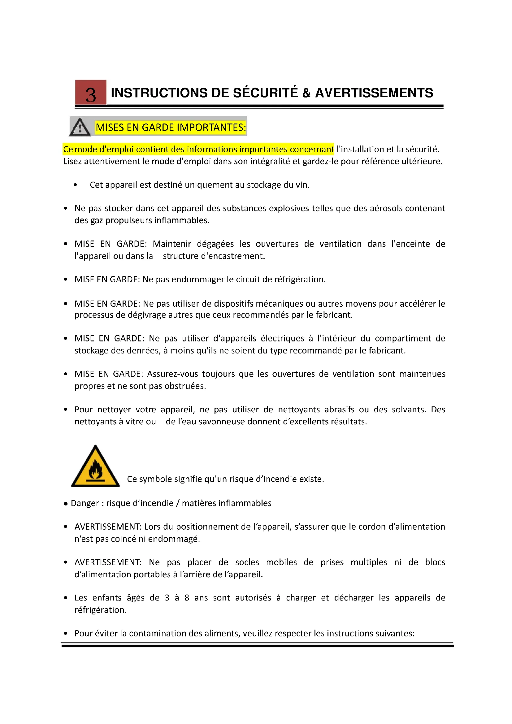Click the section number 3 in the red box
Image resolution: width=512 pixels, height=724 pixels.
(x=90, y=95)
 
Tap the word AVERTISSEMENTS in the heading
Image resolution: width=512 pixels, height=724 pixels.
(x=374, y=93)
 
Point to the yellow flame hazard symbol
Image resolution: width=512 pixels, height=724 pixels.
(x=95, y=467)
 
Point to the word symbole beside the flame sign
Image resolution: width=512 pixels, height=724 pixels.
(x=156, y=479)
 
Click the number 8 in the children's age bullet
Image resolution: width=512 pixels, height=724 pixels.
(x=187, y=598)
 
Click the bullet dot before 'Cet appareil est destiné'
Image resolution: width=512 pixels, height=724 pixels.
(x=75, y=185)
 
